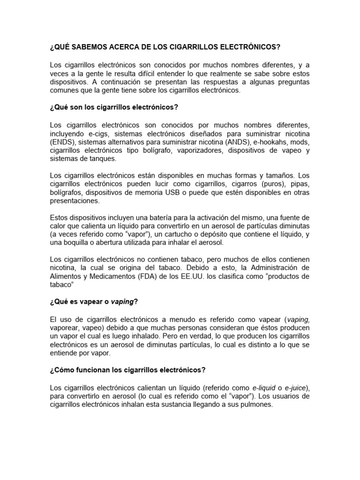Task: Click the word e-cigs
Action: coord(104,134)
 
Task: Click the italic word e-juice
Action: coord(296,388)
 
